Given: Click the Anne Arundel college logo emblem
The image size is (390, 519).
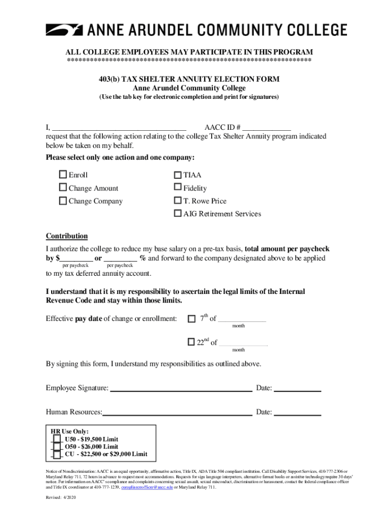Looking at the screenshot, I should point(64,30).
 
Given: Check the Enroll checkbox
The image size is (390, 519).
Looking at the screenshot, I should point(63,174).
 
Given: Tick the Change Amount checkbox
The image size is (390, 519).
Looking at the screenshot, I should point(63,188).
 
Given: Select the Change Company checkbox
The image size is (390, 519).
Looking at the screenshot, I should point(63,201).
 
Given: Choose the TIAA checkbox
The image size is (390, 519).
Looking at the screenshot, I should point(178,175).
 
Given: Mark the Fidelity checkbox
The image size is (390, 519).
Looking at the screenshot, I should point(178,188).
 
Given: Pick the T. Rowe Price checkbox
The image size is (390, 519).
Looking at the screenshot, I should point(178,201).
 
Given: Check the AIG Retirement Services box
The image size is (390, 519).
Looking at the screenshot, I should point(178,213).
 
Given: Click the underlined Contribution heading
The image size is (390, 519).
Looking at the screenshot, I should point(67,236).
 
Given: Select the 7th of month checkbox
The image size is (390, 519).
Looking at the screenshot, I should point(191,319).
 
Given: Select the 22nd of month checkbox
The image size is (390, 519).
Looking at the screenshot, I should point(191,342).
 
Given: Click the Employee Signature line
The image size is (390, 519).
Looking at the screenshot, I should point(181,389).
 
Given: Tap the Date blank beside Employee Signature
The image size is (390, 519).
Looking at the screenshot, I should point(297,389).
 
